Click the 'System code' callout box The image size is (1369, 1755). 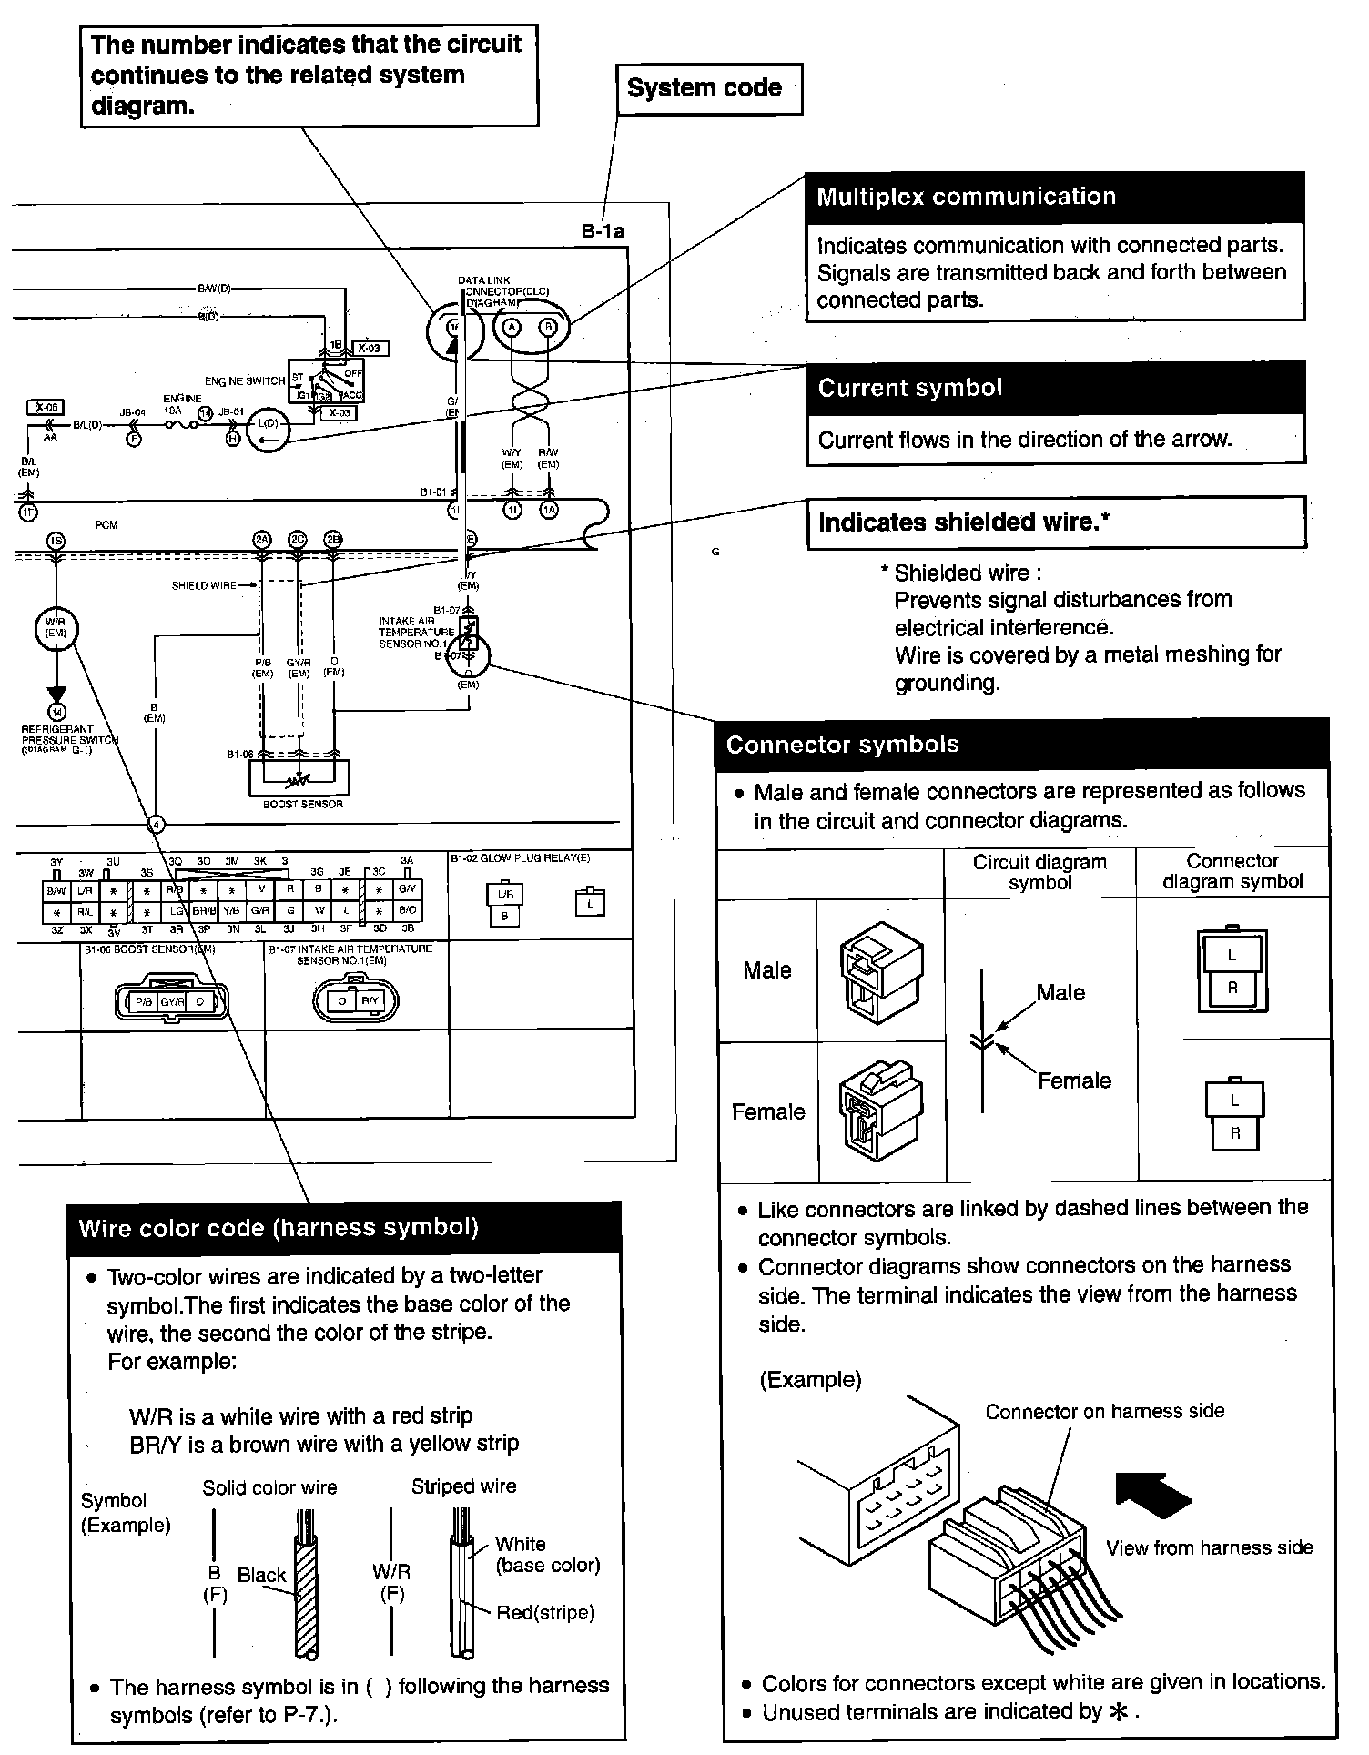tap(708, 88)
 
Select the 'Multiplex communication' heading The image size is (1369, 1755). tap(965, 198)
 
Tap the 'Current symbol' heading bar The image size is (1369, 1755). tap(910, 389)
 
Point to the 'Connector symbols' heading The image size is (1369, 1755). tap(843, 745)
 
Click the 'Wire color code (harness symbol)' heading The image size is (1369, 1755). tap(279, 1228)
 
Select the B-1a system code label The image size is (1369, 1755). tap(603, 231)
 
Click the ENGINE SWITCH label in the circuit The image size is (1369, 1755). tap(245, 380)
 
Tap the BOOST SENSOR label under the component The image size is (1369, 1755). tap(302, 805)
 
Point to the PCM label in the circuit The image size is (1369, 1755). tap(106, 525)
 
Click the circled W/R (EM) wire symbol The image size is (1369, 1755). tap(56, 628)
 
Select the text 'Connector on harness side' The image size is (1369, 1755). tap(1104, 1412)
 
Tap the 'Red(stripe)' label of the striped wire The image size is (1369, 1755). tap(545, 1613)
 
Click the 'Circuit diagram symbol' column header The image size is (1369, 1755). tap(1039, 872)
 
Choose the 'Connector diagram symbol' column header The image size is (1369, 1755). tap(1232, 871)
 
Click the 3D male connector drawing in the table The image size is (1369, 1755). tap(880, 970)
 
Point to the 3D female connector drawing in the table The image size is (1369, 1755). tap(880, 1110)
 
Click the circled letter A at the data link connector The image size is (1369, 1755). tap(512, 328)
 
